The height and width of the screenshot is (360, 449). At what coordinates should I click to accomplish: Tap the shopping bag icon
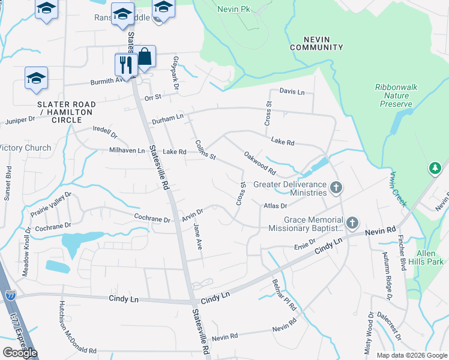[x=145, y=57]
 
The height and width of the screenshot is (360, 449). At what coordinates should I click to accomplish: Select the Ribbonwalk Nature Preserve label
[x=396, y=95]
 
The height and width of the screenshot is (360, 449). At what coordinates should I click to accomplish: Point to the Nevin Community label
[x=316, y=43]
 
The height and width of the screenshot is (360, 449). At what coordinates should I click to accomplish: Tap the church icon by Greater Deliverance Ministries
[x=336, y=188]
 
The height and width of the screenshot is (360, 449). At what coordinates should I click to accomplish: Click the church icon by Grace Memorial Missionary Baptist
[x=352, y=224]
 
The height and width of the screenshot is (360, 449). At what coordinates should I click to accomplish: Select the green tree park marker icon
[x=435, y=169]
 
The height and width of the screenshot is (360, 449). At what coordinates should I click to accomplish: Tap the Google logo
[x=20, y=352]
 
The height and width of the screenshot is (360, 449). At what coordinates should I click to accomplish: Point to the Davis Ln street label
[x=292, y=92]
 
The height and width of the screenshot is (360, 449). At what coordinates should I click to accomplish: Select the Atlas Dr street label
[x=275, y=206]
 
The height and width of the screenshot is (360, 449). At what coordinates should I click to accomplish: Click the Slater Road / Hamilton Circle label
[x=66, y=112]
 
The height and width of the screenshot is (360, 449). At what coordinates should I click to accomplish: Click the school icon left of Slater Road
[x=36, y=78]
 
